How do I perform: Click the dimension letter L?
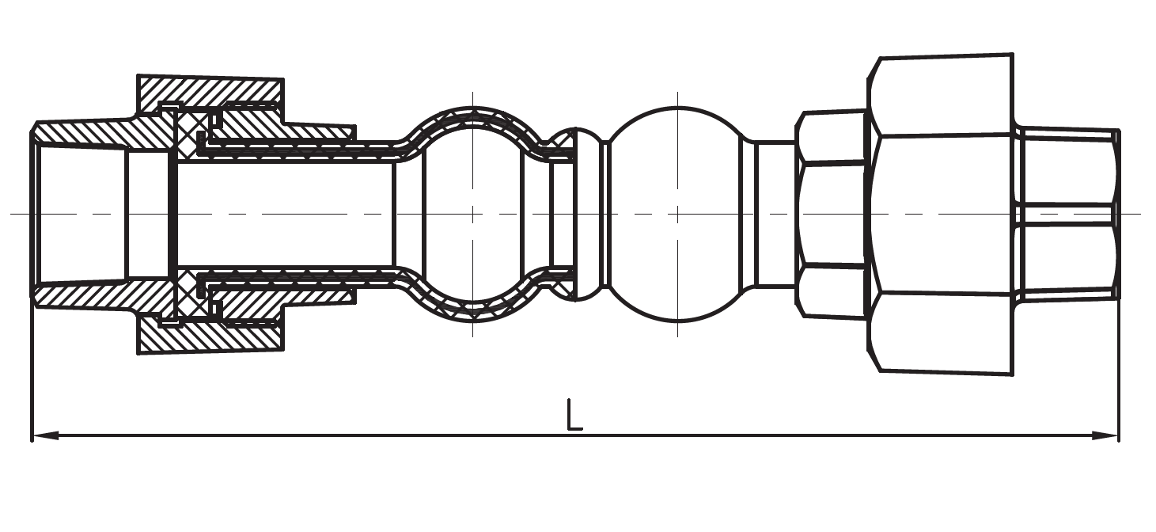(x=574, y=416)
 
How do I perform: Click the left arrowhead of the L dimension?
(x=44, y=435)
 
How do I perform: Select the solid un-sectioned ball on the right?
(x=677, y=237)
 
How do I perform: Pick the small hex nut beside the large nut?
(x=831, y=214)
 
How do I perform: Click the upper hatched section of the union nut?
(x=210, y=90)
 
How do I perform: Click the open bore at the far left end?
(x=79, y=214)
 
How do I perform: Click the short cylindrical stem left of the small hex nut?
(x=774, y=214)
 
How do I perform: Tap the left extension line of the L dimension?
(x=32, y=372)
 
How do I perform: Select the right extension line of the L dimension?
(x=1119, y=372)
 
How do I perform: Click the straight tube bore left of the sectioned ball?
(x=285, y=214)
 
